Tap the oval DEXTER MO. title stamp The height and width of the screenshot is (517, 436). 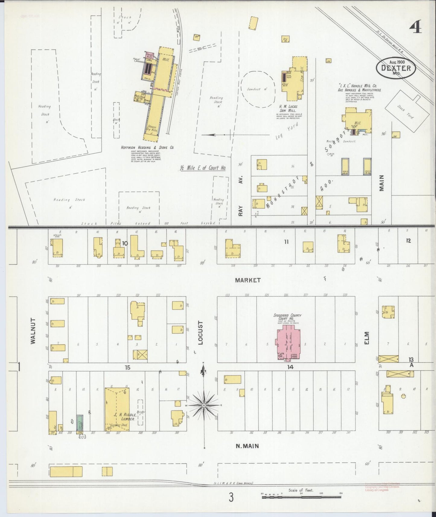[396, 68]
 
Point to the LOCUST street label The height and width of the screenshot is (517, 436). [201, 332]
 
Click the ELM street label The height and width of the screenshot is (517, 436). [367, 339]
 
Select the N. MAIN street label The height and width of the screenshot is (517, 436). [247, 446]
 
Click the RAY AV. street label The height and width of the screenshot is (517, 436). [240, 196]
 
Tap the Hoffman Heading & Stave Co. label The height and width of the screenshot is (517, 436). [147, 148]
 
